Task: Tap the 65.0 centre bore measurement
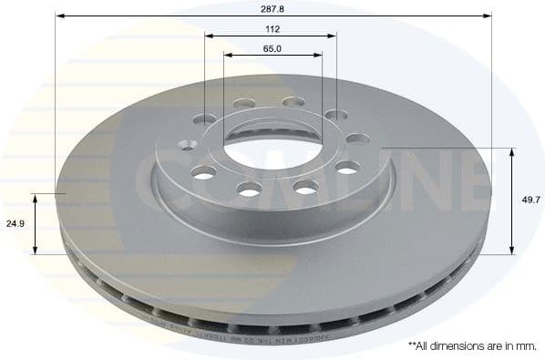(x=272, y=48)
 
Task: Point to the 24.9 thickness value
(x=15, y=222)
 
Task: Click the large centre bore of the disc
(x=271, y=146)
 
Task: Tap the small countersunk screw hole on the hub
(x=189, y=143)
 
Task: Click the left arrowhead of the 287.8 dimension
(x=58, y=15)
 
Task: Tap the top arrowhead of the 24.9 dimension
(x=36, y=196)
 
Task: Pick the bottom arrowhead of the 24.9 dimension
(x=36, y=252)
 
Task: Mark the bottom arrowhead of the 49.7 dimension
(x=512, y=252)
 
